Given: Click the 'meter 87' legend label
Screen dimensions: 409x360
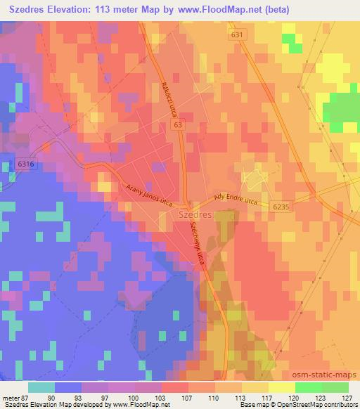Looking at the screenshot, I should tap(15, 398).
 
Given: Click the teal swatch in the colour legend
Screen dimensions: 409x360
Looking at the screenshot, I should tap(41, 387).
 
